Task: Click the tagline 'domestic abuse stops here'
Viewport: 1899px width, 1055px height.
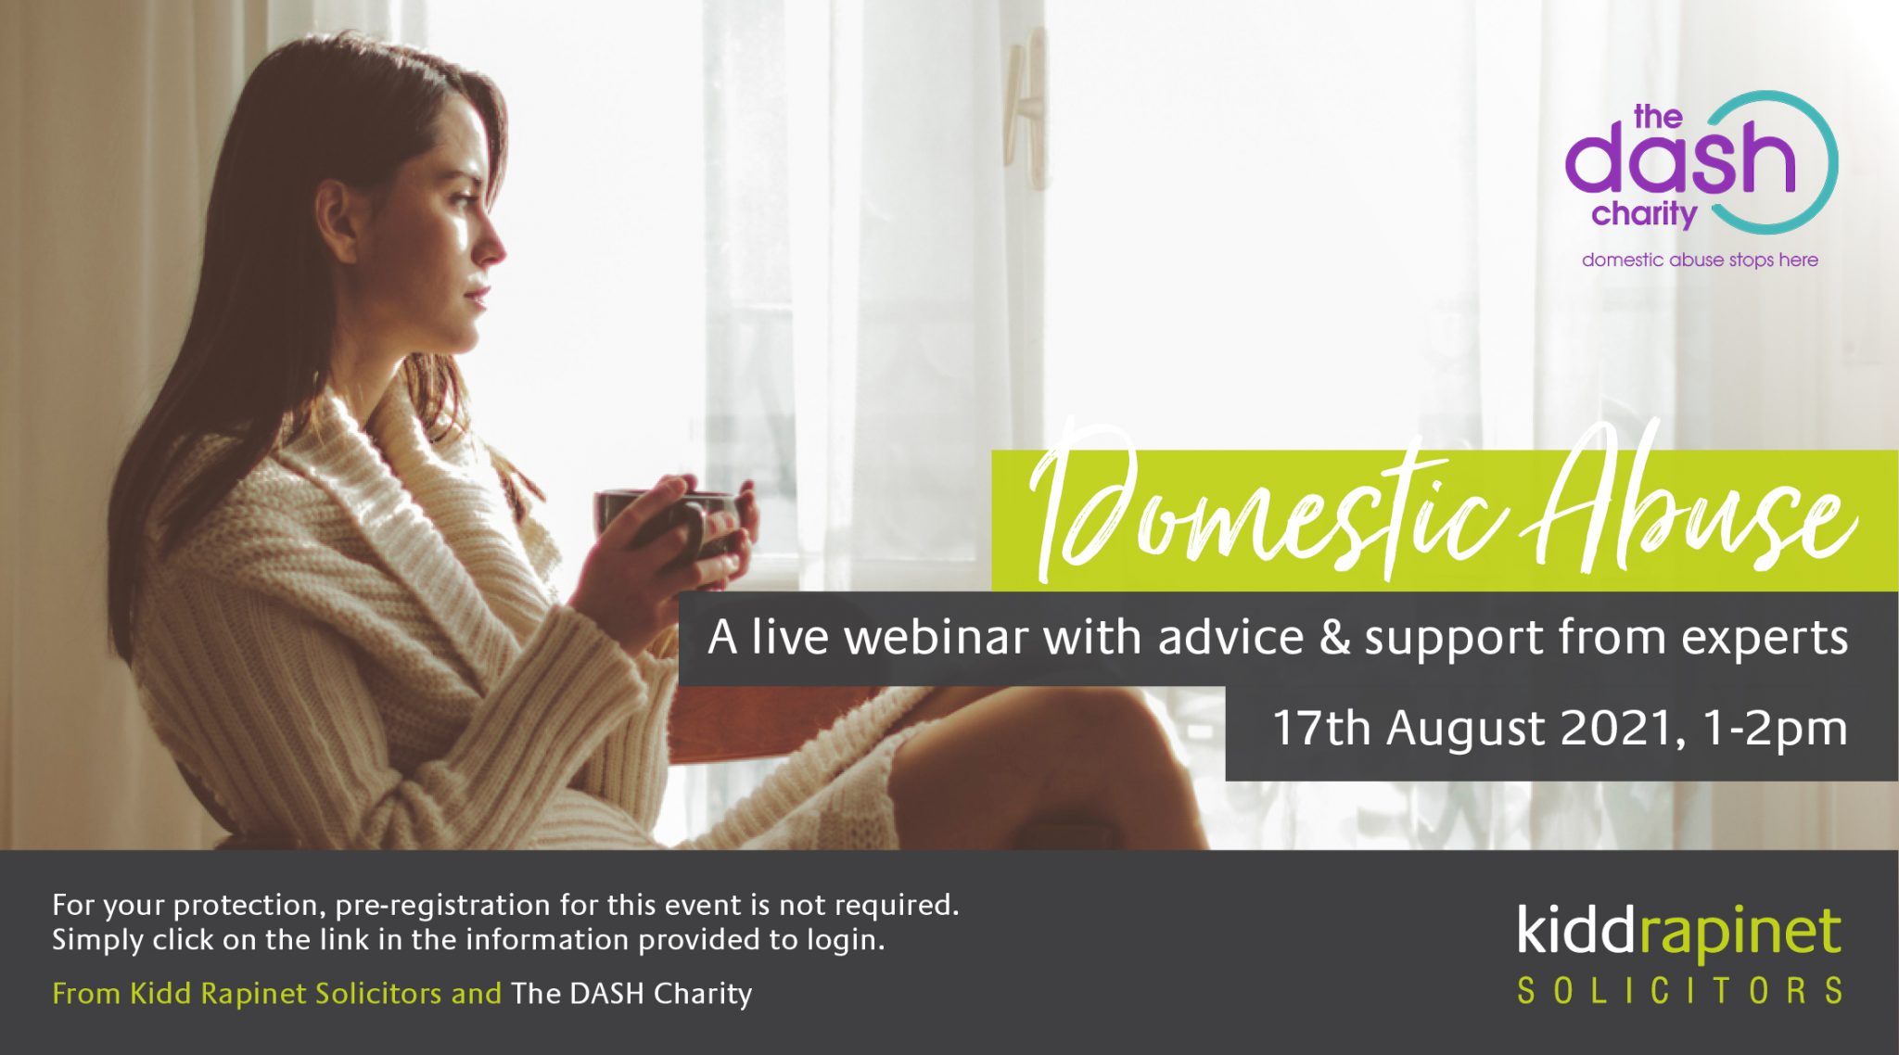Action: (1700, 261)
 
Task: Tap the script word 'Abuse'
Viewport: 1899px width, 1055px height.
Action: (1688, 510)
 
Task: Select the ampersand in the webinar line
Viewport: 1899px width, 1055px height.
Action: (1334, 638)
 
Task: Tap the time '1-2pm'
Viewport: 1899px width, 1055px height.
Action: (1775, 728)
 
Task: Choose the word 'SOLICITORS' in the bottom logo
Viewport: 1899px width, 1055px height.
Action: (1679, 991)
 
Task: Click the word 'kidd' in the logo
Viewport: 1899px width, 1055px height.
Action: (1574, 931)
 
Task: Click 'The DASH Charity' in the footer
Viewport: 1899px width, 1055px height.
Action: (631, 994)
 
